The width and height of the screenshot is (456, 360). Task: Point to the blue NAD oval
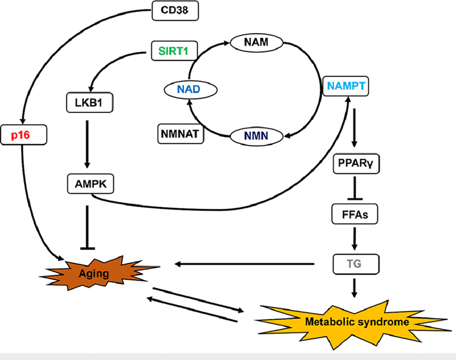coord(188,90)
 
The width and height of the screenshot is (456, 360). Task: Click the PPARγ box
coord(356,165)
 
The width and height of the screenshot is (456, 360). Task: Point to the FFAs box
coord(356,215)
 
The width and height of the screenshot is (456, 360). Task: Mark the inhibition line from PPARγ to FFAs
coord(356,190)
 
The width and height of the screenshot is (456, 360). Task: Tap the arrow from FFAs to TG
coord(356,239)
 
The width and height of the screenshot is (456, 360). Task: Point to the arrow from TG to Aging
coord(245,264)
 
